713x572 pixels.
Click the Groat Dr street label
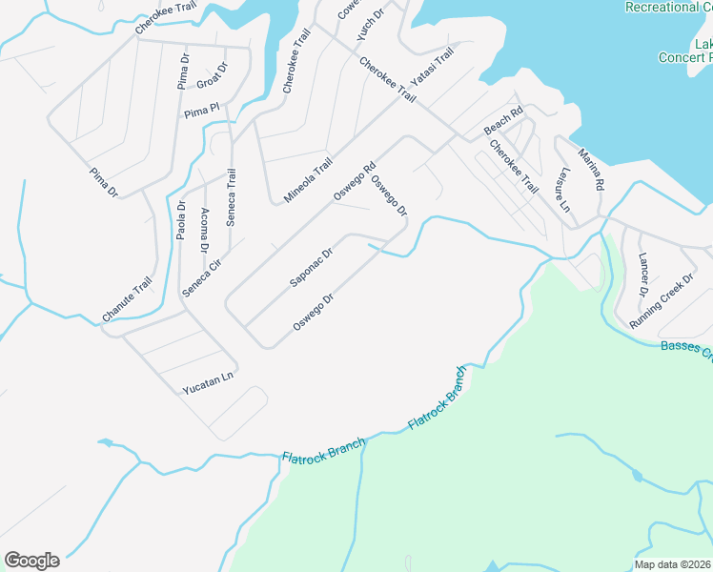coord(211,75)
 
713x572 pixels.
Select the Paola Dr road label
coord(181,220)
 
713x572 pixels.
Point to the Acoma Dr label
coord(205,231)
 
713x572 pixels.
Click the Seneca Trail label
coord(231,197)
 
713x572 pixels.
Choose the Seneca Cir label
coord(202,276)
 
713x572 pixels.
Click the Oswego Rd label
coord(356,180)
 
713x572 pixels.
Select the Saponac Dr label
coord(311,269)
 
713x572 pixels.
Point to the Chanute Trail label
coord(127,299)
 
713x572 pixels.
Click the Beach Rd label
coord(504,121)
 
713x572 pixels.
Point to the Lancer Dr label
coord(642,274)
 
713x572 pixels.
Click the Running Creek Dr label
coord(661,301)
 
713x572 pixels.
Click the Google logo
coord(31,561)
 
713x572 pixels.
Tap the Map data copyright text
coord(672,564)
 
